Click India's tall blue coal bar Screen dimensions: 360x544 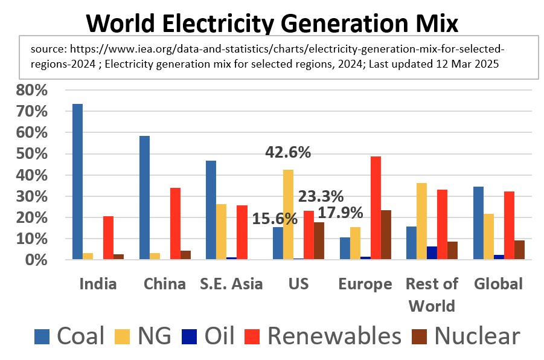click(77, 181)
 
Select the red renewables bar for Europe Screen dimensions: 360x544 click(376, 208)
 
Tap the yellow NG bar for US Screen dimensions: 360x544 click(288, 214)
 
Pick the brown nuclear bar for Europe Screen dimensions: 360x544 click(386, 234)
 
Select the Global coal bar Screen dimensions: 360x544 click(478, 223)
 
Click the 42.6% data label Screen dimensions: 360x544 click(288, 153)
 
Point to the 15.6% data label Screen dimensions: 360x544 click(275, 219)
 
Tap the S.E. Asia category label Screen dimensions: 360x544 click(231, 284)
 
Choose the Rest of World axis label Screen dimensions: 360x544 click(432, 294)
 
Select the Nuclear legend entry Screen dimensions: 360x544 click(465, 335)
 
